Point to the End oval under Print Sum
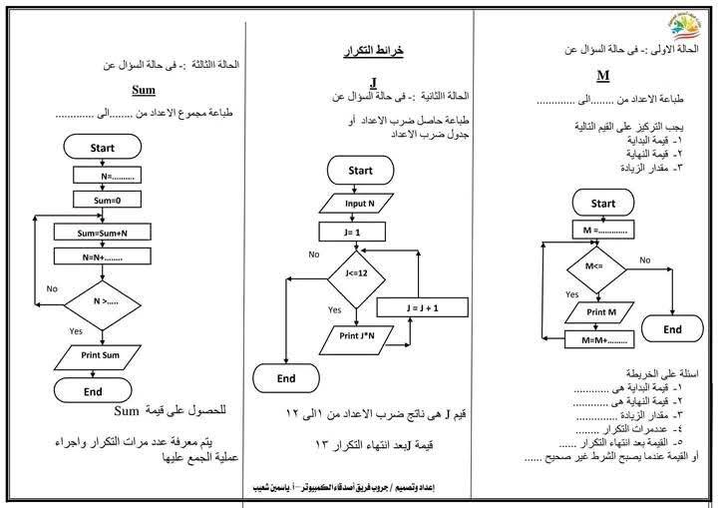(93, 392)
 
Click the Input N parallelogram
(360, 204)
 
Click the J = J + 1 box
(423, 308)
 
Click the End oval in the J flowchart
(286, 378)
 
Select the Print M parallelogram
(599, 311)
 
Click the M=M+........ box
(601, 339)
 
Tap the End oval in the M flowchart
(673, 329)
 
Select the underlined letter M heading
(602, 76)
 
